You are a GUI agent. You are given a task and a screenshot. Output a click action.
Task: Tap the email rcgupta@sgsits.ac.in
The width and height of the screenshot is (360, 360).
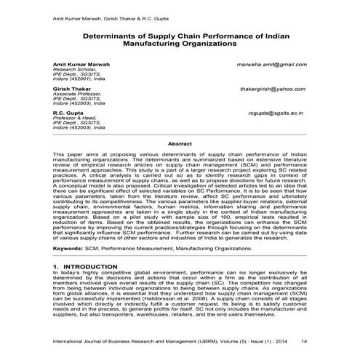pyautogui.click(x=275, y=113)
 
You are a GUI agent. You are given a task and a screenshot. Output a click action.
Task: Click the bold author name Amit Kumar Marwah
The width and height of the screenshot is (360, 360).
pyautogui.click(x=81, y=65)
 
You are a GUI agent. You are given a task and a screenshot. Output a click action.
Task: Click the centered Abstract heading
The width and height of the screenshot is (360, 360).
pyautogui.click(x=180, y=144)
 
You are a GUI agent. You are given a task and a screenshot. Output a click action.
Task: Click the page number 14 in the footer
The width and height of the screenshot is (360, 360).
pyautogui.click(x=304, y=340)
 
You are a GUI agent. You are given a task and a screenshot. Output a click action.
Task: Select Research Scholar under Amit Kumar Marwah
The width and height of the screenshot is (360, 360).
pyautogui.click(x=73, y=71)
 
